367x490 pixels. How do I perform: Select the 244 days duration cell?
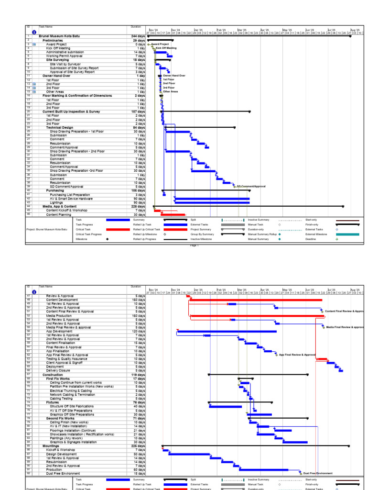point(138,36)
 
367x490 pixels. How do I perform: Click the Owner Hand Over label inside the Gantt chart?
point(174,76)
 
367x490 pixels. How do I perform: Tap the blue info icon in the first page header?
point(34,32)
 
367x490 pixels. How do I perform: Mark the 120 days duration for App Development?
point(138,331)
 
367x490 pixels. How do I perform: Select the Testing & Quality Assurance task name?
point(66,358)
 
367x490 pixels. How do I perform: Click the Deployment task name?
point(55,366)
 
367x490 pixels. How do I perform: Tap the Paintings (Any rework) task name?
point(65,438)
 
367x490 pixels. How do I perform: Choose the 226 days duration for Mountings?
point(138,446)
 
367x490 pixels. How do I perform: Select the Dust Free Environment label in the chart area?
point(318,473)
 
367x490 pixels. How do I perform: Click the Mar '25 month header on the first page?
point(242,29)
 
